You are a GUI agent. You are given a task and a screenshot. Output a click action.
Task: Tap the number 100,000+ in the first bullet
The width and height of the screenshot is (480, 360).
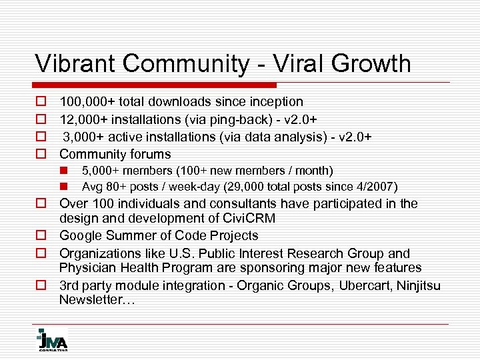point(87,102)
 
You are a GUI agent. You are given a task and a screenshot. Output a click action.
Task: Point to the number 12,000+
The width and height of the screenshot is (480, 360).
point(83,119)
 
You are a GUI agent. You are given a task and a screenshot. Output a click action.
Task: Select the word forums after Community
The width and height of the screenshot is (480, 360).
point(150,154)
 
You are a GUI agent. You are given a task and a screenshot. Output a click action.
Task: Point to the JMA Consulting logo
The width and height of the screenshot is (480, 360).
point(51,339)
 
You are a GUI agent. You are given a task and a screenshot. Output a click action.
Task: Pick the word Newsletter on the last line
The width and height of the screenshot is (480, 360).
point(93,300)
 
